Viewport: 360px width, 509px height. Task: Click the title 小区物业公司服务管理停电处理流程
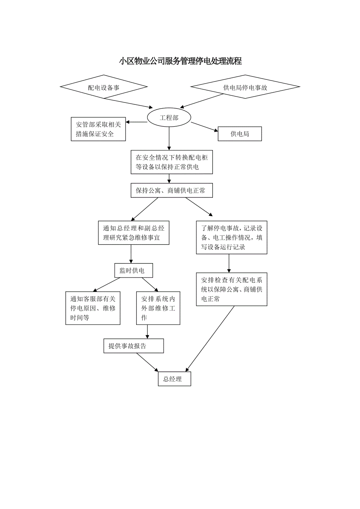[180, 61]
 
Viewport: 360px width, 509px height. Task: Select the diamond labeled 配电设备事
[104, 87]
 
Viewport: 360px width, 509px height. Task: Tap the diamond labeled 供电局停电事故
[245, 87]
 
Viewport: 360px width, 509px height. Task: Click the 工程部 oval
[169, 117]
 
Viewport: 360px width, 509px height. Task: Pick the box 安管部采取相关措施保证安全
[98, 129]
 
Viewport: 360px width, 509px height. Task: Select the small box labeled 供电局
[239, 134]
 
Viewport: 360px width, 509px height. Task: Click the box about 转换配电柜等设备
[172, 162]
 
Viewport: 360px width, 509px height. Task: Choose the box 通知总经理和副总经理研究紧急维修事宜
[133, 233]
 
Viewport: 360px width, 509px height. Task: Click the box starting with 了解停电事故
[232, 237]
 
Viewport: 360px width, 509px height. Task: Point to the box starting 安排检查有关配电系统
[232, 289]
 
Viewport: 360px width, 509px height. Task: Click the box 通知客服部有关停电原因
[93, 308]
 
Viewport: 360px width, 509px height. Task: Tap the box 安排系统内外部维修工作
[158, 308]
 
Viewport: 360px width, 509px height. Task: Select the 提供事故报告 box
[133, 346]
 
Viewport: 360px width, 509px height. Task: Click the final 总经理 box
[175, 379]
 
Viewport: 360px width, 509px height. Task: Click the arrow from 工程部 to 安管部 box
[137, 122]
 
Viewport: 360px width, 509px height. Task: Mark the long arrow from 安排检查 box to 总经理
[211, 338]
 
